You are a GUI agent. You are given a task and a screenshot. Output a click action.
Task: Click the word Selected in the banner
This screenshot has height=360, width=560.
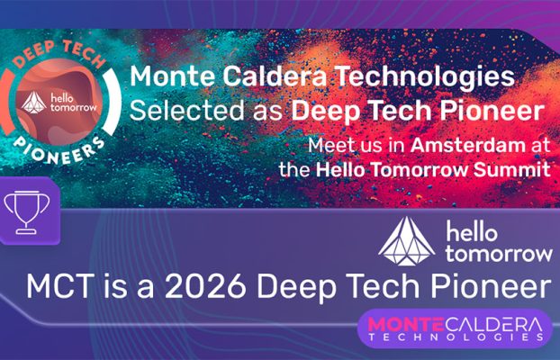pos(176,111)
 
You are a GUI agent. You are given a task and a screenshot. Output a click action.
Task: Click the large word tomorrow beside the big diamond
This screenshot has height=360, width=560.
pos(498,252)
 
